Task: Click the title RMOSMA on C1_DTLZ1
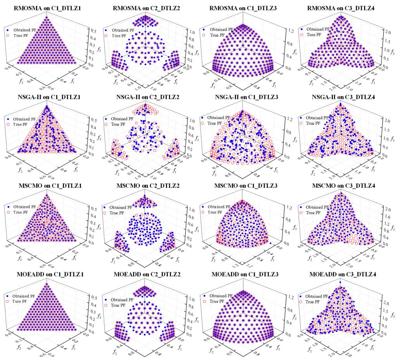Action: click(47, 8)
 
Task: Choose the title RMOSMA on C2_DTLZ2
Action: click(145, 8)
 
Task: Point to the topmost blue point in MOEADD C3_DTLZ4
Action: click(340, 282)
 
